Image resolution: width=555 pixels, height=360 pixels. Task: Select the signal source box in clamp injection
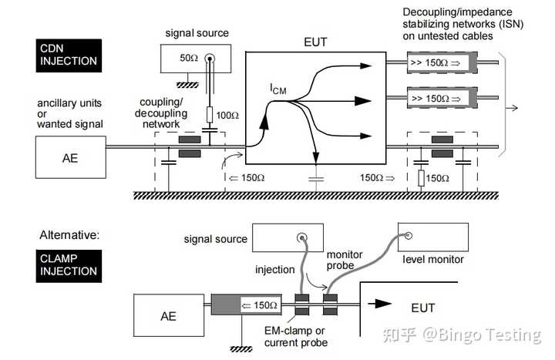(x=292, y=238)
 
